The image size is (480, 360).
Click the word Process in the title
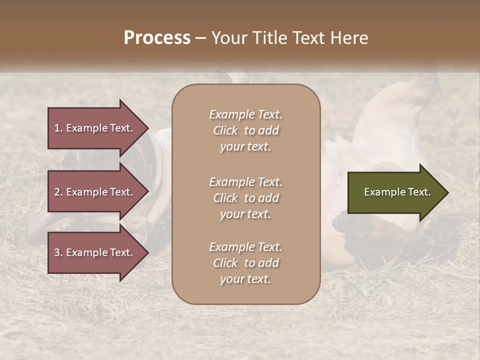[157, 38]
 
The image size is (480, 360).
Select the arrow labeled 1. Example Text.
[95, 128]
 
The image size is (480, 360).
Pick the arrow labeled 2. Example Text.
[95, 192]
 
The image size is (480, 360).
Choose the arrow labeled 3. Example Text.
[95, 252]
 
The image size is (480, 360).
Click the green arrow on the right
[395, 192]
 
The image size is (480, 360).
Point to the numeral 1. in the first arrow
[58, 128]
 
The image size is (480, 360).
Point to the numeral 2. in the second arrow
[58, 192]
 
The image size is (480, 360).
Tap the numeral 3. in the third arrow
[58, 252]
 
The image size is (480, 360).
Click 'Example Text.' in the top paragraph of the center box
[245, 114]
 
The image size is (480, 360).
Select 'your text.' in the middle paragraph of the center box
[245, 214]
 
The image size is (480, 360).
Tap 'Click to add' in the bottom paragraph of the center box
[245, 263]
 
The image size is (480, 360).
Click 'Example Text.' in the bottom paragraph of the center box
[245, 247]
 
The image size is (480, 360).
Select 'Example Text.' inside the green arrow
[397, 192]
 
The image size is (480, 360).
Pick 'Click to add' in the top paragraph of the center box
[245, 130]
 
